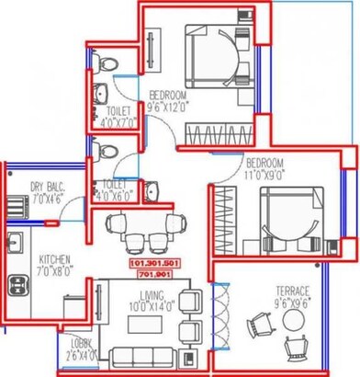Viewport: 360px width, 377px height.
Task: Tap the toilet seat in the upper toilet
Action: (x=107, y=61)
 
